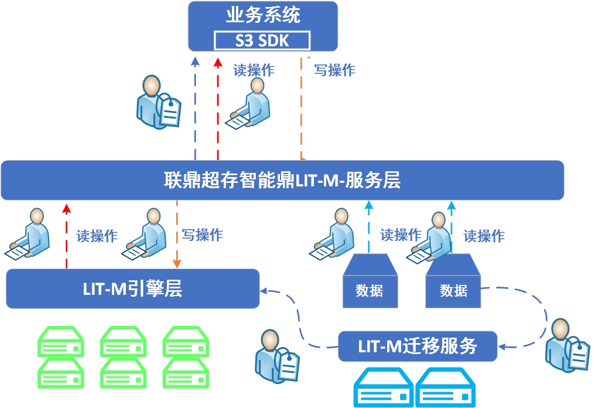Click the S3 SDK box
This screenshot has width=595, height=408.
[262, 40]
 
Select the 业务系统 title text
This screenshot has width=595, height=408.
[263, 15]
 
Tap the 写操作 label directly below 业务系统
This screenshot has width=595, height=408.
[334, 70]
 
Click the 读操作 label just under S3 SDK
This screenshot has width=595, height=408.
[254, 70]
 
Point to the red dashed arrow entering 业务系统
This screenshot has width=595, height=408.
[218, 106]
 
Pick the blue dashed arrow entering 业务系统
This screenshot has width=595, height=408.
[196, 106]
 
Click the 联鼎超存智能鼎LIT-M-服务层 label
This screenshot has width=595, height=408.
[282, 180]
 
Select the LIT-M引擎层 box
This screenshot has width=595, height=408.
[132, 288]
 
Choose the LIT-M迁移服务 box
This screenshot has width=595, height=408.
[418, 346]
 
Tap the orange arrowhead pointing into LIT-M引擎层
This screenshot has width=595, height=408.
[176, 262]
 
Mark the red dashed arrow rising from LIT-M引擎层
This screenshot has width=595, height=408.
[67, 234]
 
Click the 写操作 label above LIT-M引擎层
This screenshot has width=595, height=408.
[202, 235]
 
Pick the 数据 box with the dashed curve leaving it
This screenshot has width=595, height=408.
[453, 283]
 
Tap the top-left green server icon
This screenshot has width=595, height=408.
[60, 342]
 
